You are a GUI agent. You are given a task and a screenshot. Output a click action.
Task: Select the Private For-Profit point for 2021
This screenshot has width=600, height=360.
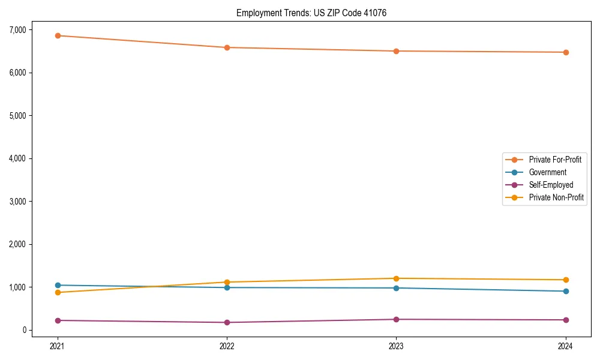pos(58,35)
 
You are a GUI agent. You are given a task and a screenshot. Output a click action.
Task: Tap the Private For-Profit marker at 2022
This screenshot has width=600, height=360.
pos(227,47)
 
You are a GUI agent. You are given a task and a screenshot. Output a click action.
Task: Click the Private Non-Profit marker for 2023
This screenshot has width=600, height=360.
pos(396,278)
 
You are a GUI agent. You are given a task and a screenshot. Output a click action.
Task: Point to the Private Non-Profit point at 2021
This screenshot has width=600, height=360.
pos(58,292)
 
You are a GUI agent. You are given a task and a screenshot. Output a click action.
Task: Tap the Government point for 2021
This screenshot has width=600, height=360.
pos(58,285)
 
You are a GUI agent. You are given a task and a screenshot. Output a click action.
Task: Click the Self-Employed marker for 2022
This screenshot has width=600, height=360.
pos(227,322)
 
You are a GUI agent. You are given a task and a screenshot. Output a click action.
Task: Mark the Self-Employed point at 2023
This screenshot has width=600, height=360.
pos(396,319)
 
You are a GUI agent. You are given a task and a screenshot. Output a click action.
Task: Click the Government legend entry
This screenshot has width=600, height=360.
pos(547,172)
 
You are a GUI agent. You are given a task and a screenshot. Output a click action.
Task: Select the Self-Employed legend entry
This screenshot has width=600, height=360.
pos(551,185)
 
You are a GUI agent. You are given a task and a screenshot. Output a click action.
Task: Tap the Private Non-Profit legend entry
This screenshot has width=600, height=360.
pos(556,197)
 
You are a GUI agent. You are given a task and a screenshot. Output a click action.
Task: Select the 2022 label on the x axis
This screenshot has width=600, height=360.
pos(227,346)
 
